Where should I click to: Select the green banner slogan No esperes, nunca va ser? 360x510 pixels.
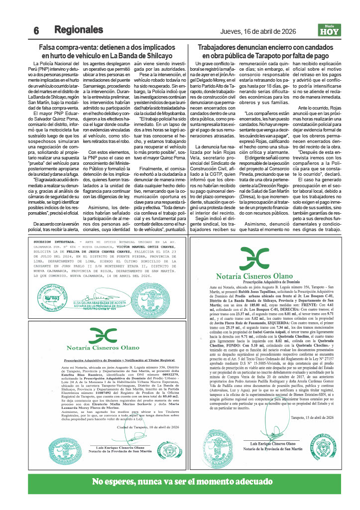tap(179, 482)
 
